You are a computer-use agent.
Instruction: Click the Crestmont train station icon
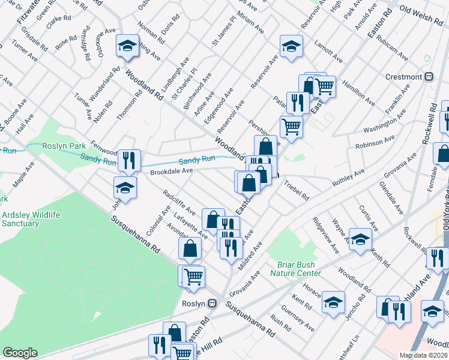click(x=429, y=77)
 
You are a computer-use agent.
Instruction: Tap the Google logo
click(x=20, y=353)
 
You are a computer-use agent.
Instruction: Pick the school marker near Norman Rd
click(x=128, y=47)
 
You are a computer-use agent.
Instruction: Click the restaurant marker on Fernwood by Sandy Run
click(x=129, y=160)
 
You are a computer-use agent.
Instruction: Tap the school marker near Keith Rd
click(x=360, y=239)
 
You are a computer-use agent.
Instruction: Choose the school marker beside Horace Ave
click(x=333, y=302)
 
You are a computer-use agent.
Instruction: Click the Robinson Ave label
click(x=375, y=142)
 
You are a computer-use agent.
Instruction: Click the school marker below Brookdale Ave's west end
click(x=125, y=188)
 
